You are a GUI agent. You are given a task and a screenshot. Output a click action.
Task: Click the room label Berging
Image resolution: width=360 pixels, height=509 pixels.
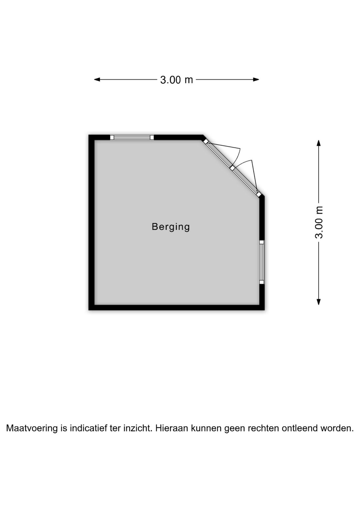click(171, 227)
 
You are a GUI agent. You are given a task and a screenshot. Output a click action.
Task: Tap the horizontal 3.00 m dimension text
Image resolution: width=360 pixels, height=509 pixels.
click(176, 80)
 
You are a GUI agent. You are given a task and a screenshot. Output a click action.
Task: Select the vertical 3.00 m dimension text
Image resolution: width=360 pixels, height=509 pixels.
click(319, 222)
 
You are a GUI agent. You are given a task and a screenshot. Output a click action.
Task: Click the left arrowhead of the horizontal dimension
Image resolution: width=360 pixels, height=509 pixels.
click(97, 79)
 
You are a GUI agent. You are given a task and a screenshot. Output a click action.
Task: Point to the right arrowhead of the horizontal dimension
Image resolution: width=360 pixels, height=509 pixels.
click(256, 79)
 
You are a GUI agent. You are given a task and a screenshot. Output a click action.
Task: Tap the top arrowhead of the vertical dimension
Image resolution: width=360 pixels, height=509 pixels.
click(319, 143)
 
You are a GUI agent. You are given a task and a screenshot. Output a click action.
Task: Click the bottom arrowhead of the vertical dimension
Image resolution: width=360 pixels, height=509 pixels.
click(319, 302)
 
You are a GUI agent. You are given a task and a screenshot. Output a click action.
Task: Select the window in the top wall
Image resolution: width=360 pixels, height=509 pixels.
click(132, 137)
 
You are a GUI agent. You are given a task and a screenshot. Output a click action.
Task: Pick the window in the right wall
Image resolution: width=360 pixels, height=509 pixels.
click(262, 262)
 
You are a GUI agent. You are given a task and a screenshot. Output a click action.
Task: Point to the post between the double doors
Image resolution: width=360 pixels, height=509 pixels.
click(232, 168)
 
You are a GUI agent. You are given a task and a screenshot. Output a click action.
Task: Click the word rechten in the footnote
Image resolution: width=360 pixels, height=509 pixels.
click(263, 428)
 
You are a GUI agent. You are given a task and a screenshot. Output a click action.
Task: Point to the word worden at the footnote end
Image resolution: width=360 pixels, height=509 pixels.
click(337, 428)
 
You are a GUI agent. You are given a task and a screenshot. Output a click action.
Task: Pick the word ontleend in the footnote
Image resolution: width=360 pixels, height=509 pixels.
click(300, 428)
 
